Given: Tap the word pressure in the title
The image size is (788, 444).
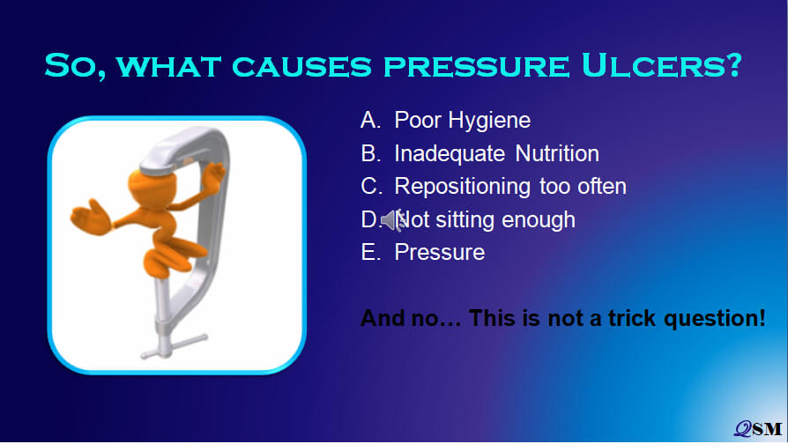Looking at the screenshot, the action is click(x=477, y=66).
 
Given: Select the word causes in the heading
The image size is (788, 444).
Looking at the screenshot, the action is click(x=301, y=66).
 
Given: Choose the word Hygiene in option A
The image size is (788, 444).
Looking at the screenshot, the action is click(x=489, y=121).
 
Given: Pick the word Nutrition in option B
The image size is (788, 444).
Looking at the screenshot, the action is click(x=557, y=153).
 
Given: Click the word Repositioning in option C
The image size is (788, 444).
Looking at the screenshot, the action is click(x=463, y=187).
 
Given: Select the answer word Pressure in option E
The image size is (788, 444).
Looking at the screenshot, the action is click(x=440, y=252).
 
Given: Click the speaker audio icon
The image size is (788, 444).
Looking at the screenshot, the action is click(x=393, y=220).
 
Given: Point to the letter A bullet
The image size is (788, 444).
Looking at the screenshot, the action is click(x=370, y=120).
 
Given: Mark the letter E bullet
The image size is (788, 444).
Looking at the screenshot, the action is click(x=370, y=252).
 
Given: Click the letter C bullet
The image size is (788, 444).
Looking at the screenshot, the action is click(x=371, y=187).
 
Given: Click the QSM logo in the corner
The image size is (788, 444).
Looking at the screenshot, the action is click(x=758, y=428).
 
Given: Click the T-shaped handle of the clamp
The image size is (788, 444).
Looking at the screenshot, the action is click(x=174, y=345).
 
